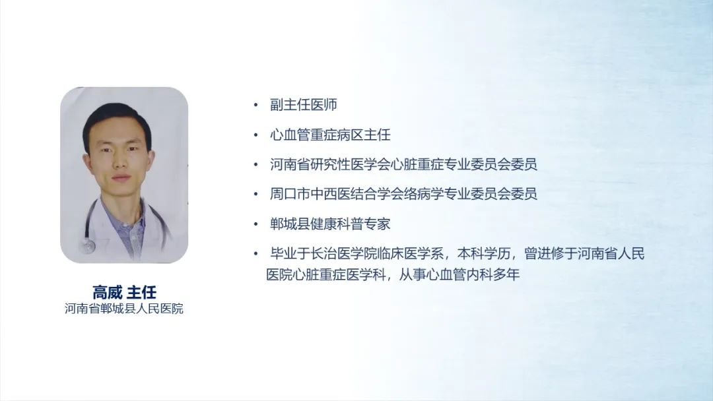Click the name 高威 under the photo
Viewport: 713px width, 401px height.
(x=108, y=292)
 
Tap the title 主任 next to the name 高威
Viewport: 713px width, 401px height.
(x=142, y=292)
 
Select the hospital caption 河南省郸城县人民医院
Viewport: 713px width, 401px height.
(x=123, y=309)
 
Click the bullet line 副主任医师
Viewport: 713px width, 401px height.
(x=303, y=105)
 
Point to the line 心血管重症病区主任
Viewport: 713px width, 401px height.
(x=330, y=135)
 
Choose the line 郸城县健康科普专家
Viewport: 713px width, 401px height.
(x=330, y=224)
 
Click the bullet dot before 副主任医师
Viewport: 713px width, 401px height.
(x=256, y=106)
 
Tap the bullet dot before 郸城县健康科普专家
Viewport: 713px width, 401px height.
(x=256, y=224)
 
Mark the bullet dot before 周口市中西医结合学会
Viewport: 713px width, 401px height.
(x=256, y=195)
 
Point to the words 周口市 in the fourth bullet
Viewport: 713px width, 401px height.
(x=290, y=194)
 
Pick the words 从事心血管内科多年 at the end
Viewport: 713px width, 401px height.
(x=459, y=275)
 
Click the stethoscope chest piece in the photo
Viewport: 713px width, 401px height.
(x=88, y=247)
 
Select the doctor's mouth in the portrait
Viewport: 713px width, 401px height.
(x=121, y=178)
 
